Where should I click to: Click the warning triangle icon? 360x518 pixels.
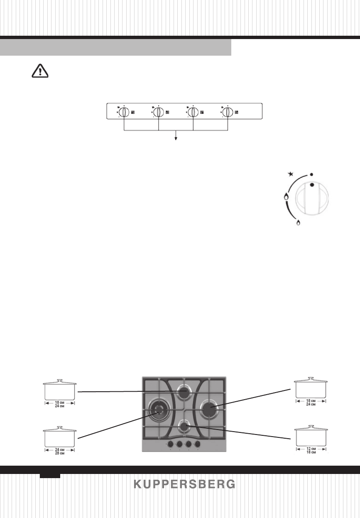click(x=40, y=72)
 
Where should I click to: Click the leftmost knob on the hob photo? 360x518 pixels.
click(x=171, y=444)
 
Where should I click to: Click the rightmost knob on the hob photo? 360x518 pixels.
click(x=198, y=444)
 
